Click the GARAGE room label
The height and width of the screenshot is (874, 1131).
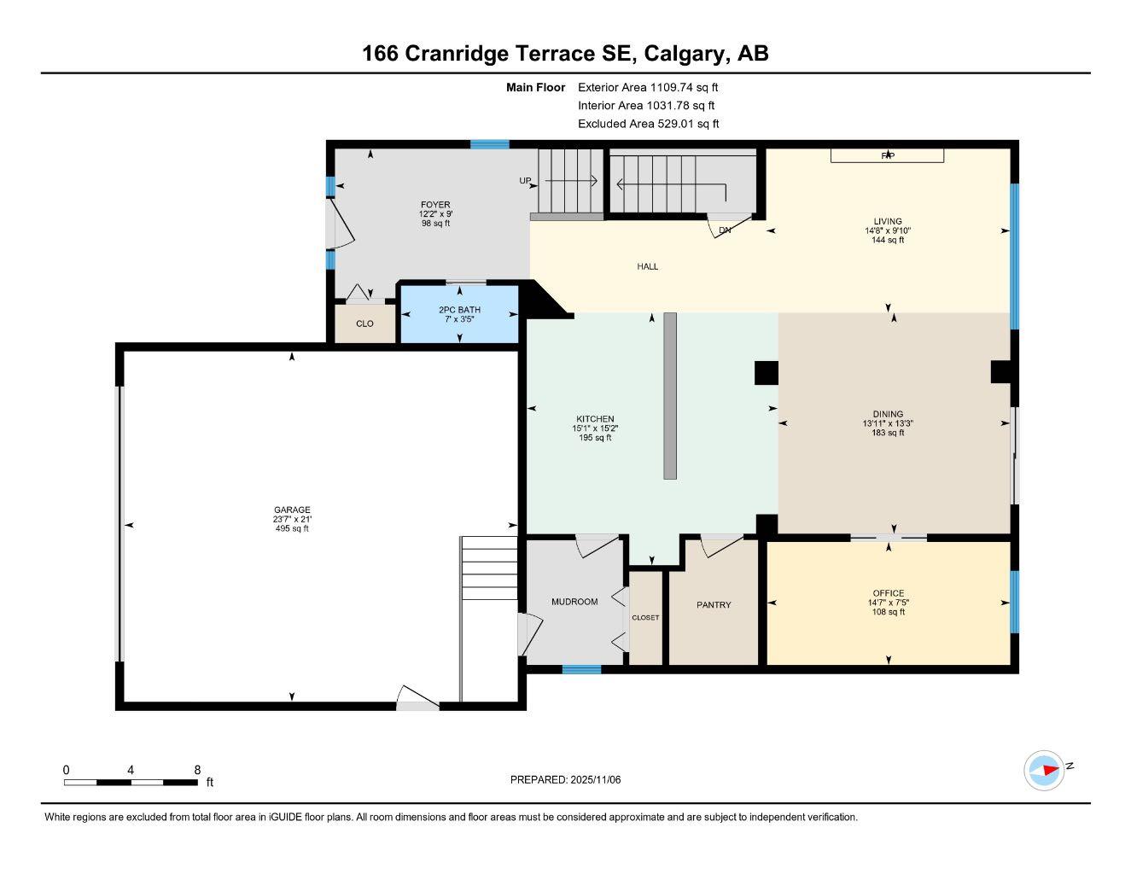pos(292,510)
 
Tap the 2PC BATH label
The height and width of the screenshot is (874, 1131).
pos(459,310)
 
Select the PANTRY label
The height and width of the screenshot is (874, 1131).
pos(714,605)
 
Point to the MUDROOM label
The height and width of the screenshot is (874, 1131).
pos(574,602)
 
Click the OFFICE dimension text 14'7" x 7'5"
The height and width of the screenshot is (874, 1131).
pos(888,603)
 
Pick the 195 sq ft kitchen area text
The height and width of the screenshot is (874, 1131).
pos(595,438)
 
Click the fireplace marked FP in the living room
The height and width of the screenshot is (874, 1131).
pos(888,155)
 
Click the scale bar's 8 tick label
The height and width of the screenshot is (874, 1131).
pos(196,770)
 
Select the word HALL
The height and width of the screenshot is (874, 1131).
pos(648,266)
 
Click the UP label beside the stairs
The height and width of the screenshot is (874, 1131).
pos(526,181)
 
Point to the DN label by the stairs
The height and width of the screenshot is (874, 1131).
pos(725,230)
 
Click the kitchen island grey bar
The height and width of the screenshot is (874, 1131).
pos(670,395)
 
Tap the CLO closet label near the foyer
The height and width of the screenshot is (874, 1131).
pos(364,323)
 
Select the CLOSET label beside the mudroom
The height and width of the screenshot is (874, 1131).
pos(645,618)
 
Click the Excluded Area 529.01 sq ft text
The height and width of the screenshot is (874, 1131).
pos(648,124)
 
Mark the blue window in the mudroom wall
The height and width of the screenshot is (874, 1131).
pos(581,670)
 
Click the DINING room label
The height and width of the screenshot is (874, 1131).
pos(888,414)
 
